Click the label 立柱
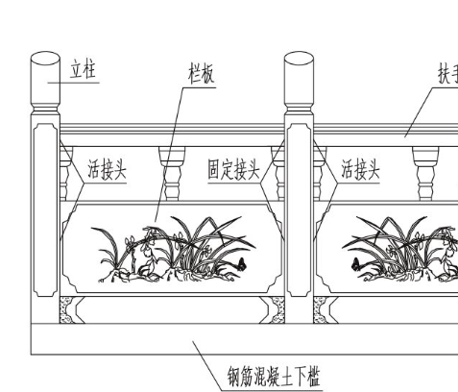pos(83,69)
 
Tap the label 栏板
pos(202,74)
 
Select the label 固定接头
pos(233,169)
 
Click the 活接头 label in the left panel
pos(108,169)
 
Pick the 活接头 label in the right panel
pos(360,169)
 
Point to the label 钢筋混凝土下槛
pos(274,377)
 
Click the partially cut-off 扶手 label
pos(448,74)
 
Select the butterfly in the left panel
pos(241,264)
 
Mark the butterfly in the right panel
pos(355,264)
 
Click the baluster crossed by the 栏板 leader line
pos(172,174)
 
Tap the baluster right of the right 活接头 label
pos(425,174)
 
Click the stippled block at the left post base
pos(66,309)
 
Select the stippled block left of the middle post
pos(277,309)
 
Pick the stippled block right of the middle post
pos(321,309)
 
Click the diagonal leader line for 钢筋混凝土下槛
pos(206,366)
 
